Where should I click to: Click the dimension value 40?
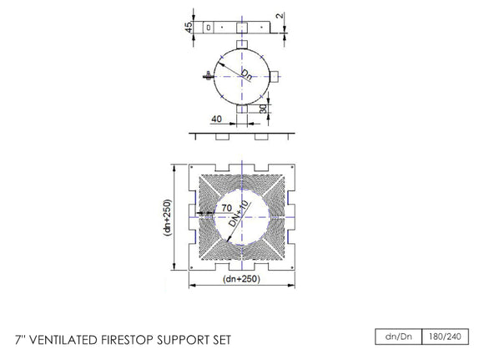(216, 119)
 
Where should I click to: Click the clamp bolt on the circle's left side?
(206, 77)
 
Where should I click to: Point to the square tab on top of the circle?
(241, 43)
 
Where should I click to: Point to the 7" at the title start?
(21, 340)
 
